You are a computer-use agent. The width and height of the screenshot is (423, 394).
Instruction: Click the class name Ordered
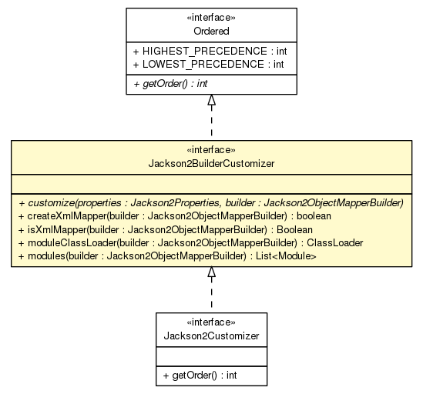click(211, 30)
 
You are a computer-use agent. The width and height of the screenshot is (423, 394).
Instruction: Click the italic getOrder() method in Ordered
click(170, 83)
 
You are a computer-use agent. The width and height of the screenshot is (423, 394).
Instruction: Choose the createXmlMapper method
click(173, 216)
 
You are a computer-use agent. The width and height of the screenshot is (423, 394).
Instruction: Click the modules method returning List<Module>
click(166, 255)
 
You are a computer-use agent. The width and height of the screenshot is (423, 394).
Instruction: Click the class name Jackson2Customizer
click(211, 336)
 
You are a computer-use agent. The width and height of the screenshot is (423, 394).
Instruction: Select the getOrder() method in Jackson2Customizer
click(199, 374)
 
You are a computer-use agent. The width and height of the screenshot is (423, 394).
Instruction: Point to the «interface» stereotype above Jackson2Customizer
click(211, 323)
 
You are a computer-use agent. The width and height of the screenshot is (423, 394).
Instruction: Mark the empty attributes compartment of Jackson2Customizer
click(211, 355)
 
